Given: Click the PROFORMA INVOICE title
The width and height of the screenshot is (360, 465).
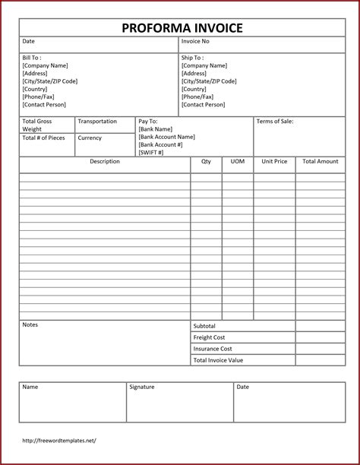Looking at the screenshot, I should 182,28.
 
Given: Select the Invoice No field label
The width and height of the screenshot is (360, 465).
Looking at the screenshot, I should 194,41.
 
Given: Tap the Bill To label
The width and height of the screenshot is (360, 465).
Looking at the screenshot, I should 32,58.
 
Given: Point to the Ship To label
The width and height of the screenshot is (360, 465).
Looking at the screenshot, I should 191,58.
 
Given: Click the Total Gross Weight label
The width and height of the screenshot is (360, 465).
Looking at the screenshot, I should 37,125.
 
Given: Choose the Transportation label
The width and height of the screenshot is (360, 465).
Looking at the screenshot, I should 97,122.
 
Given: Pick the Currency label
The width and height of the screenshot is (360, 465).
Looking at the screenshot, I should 90,138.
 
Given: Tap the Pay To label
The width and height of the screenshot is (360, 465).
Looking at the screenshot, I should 147,122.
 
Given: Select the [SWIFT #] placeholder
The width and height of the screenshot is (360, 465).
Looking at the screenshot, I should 152,153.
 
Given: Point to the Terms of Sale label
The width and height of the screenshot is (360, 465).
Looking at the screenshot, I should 275,122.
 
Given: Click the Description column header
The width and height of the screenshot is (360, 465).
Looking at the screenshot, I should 105,162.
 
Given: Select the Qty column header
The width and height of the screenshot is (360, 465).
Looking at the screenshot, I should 206,162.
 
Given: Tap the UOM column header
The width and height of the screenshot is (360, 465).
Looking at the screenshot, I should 238,162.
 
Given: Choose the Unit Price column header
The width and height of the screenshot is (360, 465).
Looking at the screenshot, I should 274,162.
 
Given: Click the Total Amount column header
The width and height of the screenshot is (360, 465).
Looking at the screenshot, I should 320,162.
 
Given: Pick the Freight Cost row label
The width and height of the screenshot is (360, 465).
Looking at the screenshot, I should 209,337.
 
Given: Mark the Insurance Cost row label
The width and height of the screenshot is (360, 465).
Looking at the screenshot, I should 212,349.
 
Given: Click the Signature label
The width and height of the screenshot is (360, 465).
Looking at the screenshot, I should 142,387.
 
